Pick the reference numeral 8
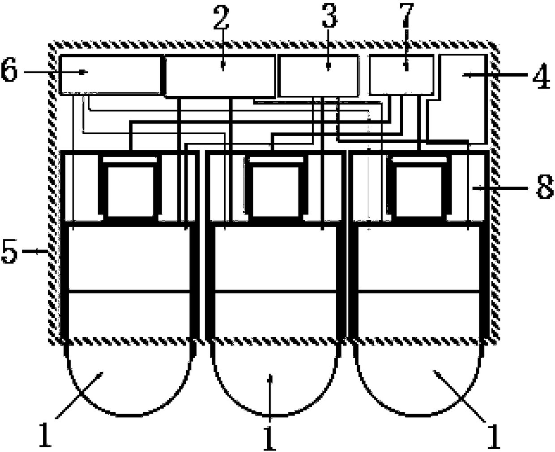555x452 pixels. pos(544,189)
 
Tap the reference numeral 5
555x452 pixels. pos(9,253)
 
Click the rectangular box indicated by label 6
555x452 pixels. pos(110,74)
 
